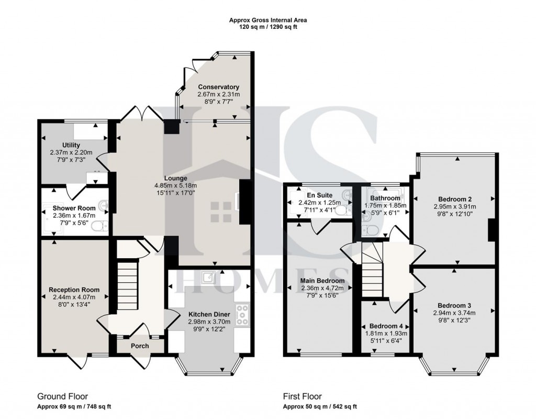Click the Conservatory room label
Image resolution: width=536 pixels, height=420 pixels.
point(218,87)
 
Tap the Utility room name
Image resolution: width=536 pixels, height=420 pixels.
point(71,145)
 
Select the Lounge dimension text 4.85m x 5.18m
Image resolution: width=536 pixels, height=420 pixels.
point(176,185)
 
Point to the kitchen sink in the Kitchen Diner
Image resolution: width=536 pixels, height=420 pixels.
point(208,278)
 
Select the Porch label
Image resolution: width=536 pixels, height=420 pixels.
point(140,346)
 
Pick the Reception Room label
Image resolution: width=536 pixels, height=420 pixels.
point(74,290)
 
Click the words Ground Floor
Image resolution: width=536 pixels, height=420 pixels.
point(63,396)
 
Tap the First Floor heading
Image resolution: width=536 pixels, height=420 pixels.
point(303,396)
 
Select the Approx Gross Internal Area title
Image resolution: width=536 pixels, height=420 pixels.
point(268,20)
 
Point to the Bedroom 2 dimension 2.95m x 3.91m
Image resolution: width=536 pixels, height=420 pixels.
point(455,206)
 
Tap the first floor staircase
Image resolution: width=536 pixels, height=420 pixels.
point(372,270)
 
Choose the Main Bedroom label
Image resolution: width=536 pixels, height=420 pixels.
point(322,281)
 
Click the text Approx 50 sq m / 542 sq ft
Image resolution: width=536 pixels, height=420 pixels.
point(320,407)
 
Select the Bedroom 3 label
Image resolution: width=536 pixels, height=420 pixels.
point(455,305)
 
